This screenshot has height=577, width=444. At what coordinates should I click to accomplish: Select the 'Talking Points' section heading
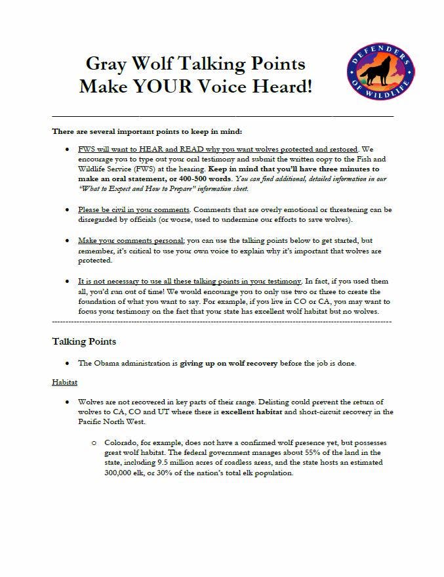84,342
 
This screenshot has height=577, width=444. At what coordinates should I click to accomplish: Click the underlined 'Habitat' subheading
64,381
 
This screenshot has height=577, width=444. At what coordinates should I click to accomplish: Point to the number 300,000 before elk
120,473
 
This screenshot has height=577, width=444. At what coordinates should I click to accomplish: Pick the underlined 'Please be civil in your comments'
133,209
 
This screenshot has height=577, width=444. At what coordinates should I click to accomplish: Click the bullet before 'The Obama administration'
68,363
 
